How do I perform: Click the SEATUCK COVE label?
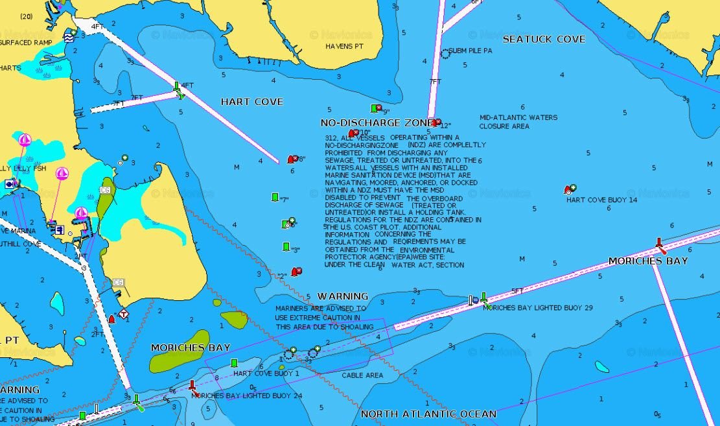point(544,39)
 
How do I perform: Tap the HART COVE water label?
point(251,102)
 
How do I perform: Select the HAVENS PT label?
point(345,47)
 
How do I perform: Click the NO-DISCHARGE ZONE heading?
point(376,123)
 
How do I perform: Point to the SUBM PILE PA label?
point(470,51)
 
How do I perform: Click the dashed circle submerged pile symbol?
point(445,54)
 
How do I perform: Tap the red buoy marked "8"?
point(293,160)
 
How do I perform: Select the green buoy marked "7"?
point(275,197)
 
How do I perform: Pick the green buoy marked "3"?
point(286,247)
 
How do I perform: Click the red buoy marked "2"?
point(296,272)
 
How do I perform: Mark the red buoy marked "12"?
point(437,123)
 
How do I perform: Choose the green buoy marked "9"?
point(375,108)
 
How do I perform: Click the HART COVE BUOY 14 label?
point(601,200)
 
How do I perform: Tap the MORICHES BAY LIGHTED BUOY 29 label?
point(537,307)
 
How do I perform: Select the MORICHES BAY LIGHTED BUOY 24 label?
point(247,396)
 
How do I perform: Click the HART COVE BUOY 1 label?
point(266,373)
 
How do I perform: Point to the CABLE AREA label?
point(362,375)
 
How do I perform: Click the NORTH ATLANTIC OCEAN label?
point(428,414)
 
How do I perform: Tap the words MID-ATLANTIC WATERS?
point(518,118)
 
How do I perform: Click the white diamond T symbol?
point(123,314)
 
